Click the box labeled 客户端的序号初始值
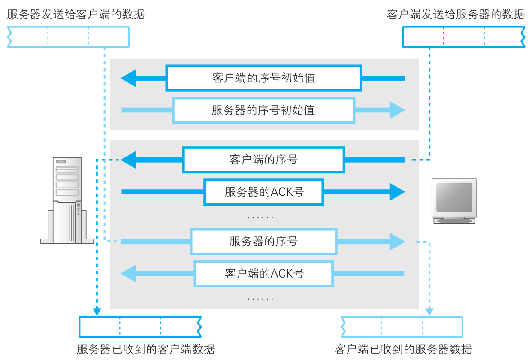point(263,78)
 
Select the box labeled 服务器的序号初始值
point(263,110)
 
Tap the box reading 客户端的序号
point(263,160)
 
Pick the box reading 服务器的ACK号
point(263,192)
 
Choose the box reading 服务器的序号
point(263,242)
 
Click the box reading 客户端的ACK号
point(263,273)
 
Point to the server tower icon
point(67,200)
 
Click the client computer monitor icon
point(454,201)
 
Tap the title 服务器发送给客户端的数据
point(76,15)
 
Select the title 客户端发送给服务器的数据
point(455,15)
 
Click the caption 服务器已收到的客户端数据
point(145,348)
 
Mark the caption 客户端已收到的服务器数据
point(403,348)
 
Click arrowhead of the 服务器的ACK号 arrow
point(397,192)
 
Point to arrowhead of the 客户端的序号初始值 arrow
point(128,78)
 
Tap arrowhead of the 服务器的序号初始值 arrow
point(397,110)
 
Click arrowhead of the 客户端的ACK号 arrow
point(128,273)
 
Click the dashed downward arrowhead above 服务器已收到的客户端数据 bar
point(97,311)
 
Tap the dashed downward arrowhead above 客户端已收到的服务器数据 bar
point(429,311)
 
